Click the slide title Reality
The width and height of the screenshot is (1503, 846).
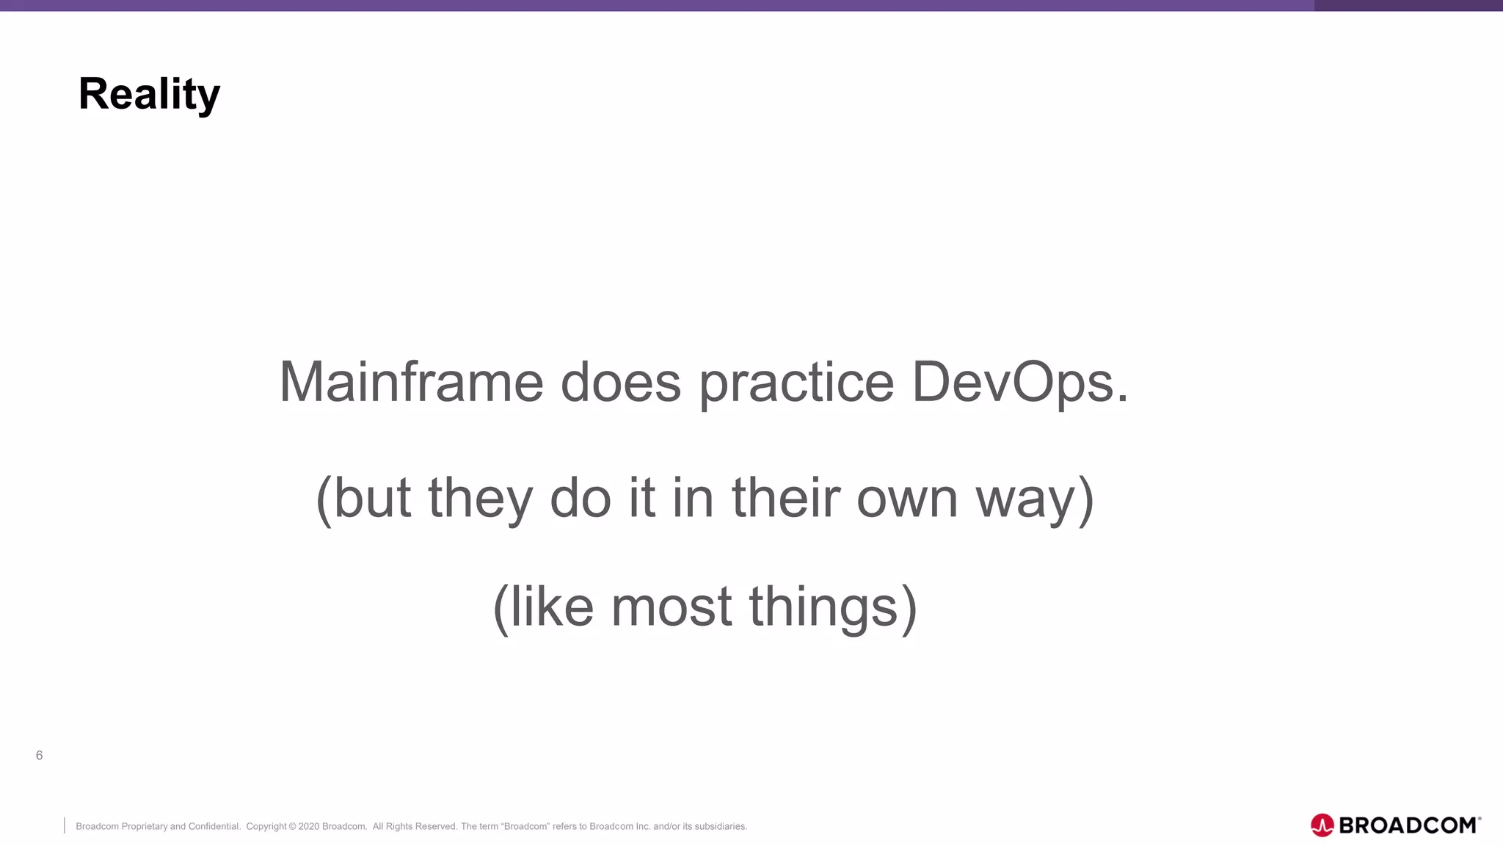click(x=149, y=94)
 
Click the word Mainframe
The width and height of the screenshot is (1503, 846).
click(x=411, y=382)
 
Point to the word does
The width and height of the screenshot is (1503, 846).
click(x=620, y=382)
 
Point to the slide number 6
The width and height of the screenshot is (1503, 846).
click(x=40, y=756)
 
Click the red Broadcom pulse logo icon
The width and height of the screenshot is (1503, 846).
click(x=1322, y=825)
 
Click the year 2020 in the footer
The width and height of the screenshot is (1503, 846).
click(x=308, y=827)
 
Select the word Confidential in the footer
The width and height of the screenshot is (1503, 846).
click(x=214, y=827)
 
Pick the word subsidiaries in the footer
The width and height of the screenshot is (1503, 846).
click(x=720, y=827)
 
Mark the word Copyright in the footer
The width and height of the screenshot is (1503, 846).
click(x=266, y=827)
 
